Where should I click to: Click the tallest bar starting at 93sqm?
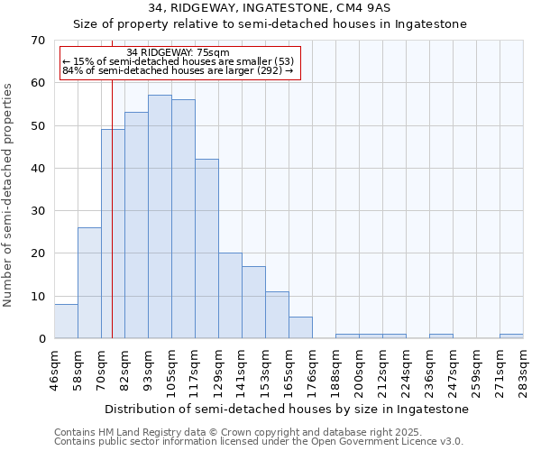tap(160, 216)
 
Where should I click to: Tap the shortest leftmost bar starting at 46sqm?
tap(66, 321)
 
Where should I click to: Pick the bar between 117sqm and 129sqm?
tap(206, 248)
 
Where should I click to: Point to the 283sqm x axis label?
tap(524, 369)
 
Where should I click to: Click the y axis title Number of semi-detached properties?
tap(9, 194)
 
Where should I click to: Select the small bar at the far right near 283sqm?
tap(511, 336)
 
